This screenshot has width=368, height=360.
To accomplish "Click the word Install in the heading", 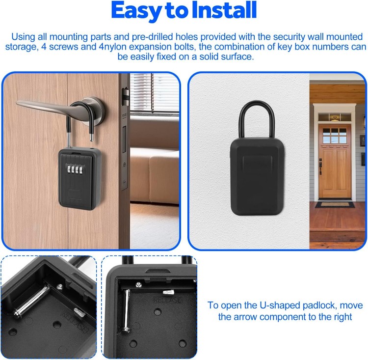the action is pos(224,10).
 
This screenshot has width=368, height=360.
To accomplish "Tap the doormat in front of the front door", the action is pos(335,204).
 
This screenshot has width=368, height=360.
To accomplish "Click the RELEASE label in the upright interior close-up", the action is pos(167,300).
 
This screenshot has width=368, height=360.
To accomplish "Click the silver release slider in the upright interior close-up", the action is pos(168,292).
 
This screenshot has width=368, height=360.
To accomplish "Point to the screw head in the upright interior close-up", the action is pos(139,284).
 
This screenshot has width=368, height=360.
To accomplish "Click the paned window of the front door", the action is pos(335,136).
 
